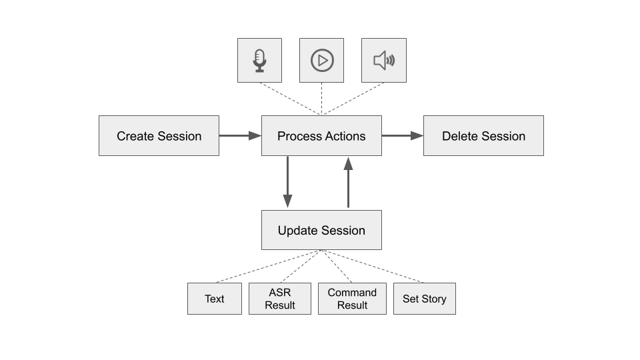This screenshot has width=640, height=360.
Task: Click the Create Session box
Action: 159,136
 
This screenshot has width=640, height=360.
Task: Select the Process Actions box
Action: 321,136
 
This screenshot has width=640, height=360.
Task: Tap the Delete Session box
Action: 483,136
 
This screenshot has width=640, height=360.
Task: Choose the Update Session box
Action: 321,230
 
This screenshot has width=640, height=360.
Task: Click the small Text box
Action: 214,299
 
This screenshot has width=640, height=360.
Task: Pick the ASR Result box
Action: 279,299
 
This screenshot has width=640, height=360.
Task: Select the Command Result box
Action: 352,299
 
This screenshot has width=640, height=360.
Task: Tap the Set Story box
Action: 424,299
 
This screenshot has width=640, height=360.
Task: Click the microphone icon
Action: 259,60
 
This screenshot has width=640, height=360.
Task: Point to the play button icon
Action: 322,60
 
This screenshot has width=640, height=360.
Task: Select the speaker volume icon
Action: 384,60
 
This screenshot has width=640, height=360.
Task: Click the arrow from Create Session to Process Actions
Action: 240,136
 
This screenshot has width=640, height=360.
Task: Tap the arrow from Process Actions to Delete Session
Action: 403,136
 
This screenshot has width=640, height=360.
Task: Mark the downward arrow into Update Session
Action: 287,182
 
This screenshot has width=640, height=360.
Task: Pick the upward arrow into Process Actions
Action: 348,182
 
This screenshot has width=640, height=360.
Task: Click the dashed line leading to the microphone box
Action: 291,99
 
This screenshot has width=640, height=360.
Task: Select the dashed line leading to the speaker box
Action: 353,99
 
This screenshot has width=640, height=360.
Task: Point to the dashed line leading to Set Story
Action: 373,266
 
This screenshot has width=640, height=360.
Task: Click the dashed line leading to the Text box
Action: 269,266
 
